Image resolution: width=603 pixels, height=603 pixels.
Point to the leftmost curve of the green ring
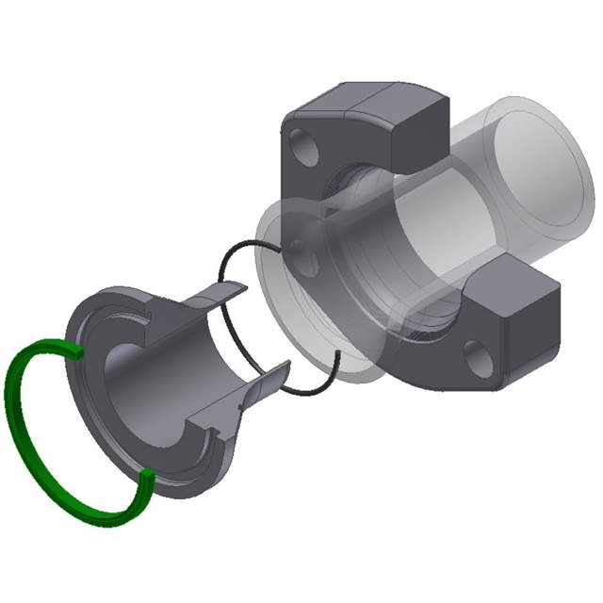coord(13,405)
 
